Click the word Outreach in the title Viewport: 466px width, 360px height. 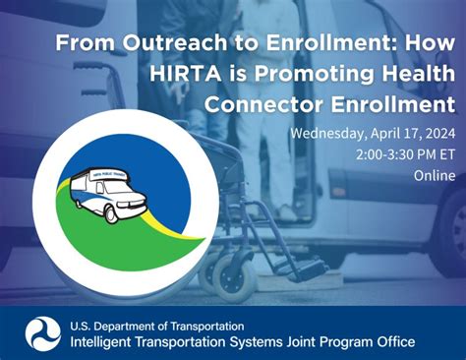[x=144, y=44]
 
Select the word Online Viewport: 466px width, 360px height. [x=434, y=176]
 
